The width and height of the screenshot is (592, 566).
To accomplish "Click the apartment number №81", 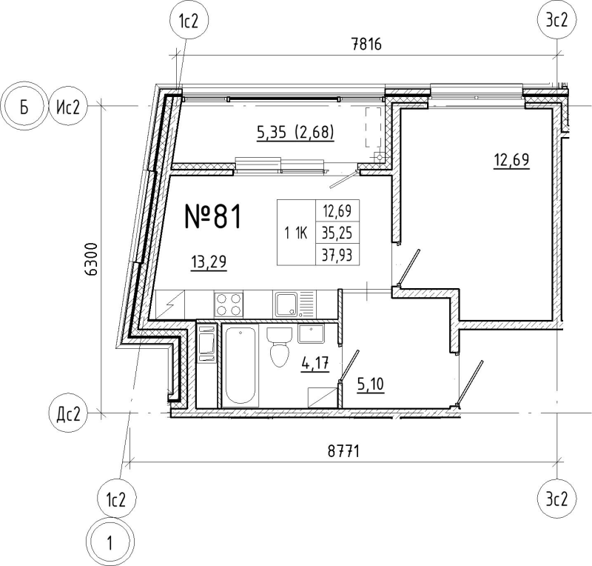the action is pos(212,216).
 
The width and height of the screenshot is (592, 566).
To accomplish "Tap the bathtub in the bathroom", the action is pos(240,366).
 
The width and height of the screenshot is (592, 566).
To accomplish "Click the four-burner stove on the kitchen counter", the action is pos(229,304).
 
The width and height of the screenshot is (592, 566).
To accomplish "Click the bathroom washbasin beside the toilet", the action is pos(311,334).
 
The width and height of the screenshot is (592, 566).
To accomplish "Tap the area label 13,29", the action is pos(209,262).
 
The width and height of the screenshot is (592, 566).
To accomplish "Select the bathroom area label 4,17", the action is pos(315,364).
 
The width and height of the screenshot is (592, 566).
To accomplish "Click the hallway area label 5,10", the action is pos(370,384).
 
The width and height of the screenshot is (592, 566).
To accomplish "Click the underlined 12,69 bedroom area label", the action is pos(511,160).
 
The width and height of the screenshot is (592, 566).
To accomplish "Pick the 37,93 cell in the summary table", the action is pos(337,255).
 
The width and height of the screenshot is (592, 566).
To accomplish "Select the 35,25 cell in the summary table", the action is pos(337,233).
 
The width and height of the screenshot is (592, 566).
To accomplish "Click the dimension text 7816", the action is pos(366,44).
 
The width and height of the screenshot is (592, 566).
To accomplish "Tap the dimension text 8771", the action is pos(343,451).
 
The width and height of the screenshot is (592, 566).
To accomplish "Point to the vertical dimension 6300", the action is pos(92,260).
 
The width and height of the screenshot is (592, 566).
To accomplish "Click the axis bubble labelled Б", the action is pos(24,107).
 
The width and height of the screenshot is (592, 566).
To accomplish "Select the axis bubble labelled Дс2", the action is pos(68,415).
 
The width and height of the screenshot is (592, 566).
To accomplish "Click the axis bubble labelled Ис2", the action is pos(68,107).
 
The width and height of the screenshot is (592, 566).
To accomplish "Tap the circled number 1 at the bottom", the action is pos(110,542).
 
